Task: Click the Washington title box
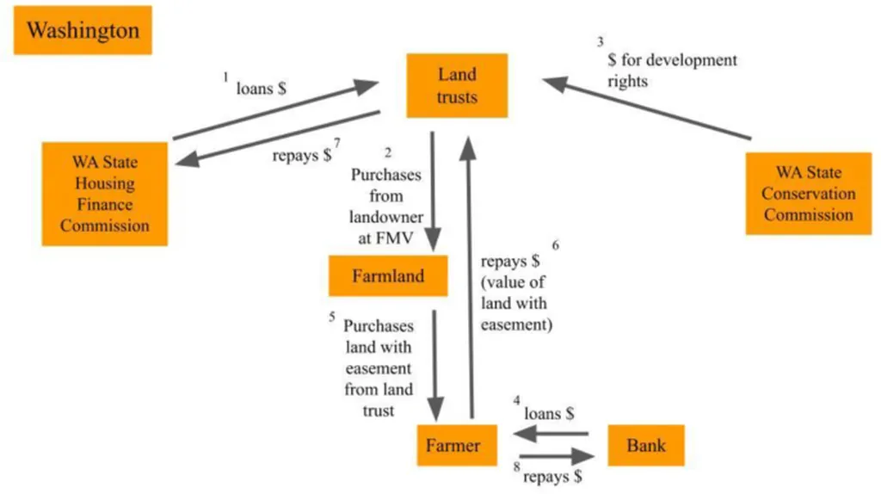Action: click(x=83, y=31)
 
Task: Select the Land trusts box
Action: click(x=457, y=85)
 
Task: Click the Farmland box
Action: click(x=388, y=276)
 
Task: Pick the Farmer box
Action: click(x=453, y=445)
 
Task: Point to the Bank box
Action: click(x=646, y=445)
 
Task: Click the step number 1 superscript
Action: click(x=226, y=78)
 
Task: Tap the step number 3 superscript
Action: click(x=601, y=43)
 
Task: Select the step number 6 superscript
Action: click(x=556, y=245)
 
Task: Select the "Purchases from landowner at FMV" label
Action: click(x=387, y=207)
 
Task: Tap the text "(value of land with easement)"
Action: click(x=514, y=303)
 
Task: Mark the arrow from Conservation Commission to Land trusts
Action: click(x=647, y=109)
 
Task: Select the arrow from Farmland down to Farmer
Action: click(x=436, y=361)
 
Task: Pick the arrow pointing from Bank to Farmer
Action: click(x=551, y=433)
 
